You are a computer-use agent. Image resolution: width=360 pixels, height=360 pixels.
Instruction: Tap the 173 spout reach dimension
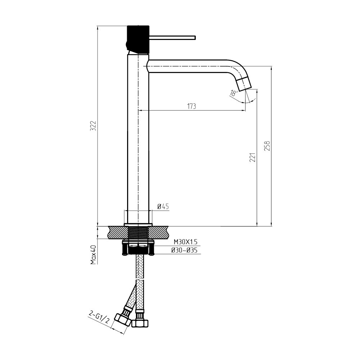click(x=192, y=106)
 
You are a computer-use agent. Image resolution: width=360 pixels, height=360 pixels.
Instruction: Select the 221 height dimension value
click(x=252, y=157)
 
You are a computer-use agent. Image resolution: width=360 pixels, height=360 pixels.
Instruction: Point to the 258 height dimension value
click(x=267, y=145)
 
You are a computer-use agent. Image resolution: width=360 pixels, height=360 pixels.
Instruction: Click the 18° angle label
click(x=234, y=93)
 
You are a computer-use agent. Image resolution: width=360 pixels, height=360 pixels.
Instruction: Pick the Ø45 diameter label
click(x=163, y=206)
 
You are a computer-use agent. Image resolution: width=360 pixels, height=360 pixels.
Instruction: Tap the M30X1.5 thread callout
click(x=185, y=242)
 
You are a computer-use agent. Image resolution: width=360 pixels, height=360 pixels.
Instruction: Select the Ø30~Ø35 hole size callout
click(x=184, y=250)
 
